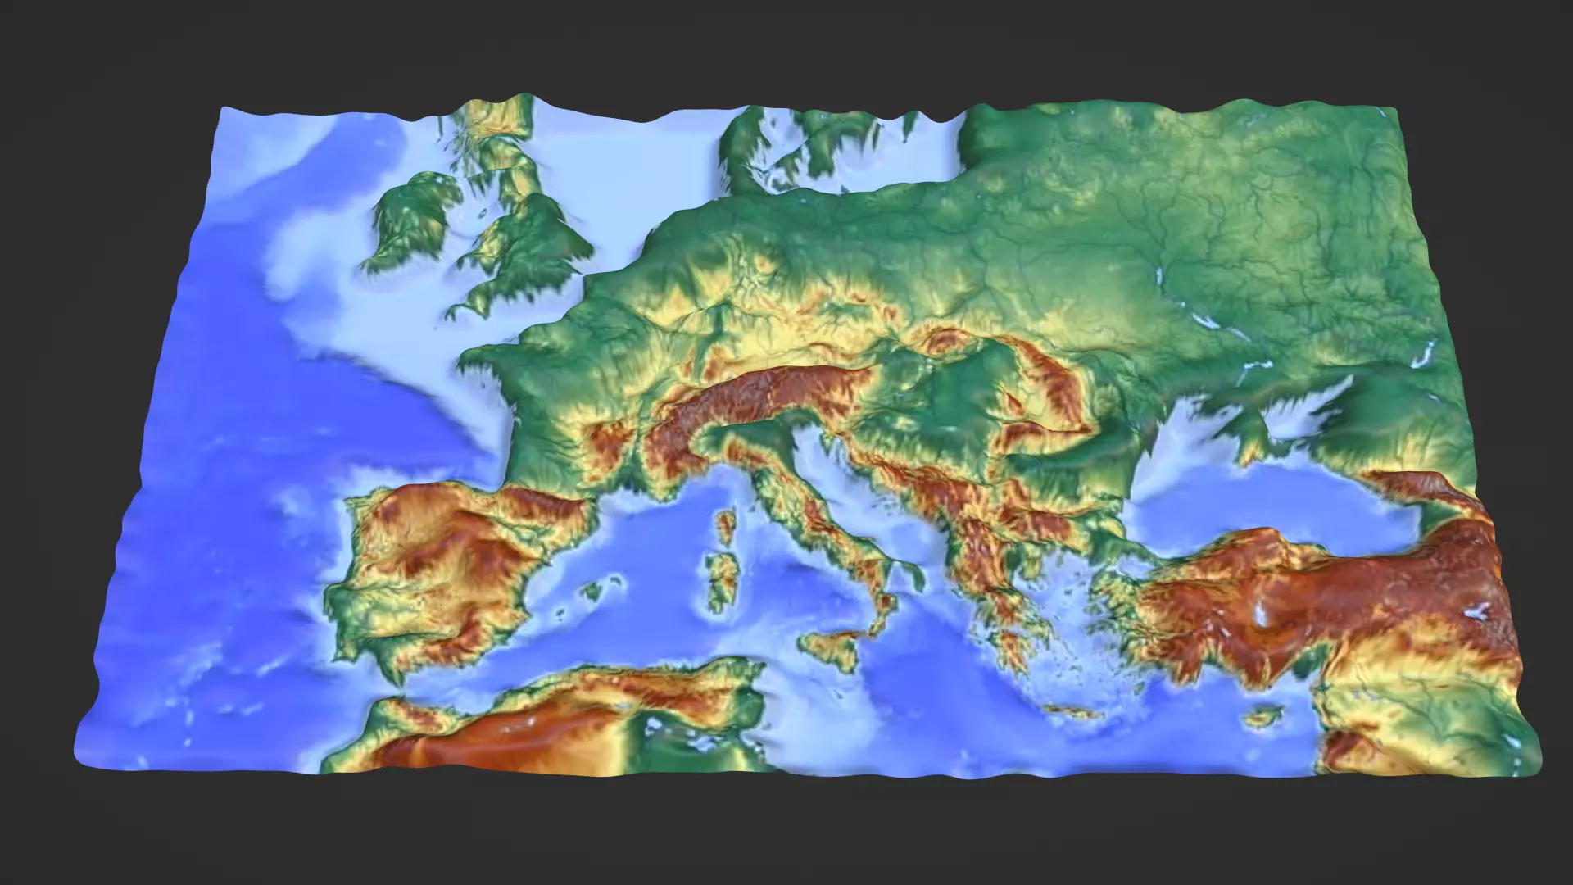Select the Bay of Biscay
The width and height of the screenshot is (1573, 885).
(x=434, y=426)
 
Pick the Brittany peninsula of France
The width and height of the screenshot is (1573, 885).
(x=483, y=361)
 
